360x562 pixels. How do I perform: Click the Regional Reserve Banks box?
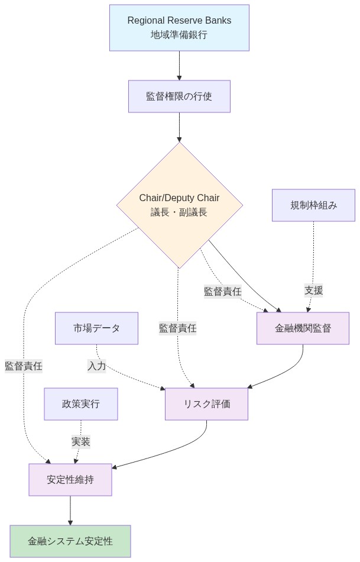point(179,28)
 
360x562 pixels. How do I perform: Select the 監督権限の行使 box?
point(179,96)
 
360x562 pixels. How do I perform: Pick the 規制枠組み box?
point(313,205)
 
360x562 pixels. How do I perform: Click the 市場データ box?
point(96,328)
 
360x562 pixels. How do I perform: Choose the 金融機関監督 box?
point(303,328)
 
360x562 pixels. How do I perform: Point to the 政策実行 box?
point(81,404)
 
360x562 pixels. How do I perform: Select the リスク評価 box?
point(206,404)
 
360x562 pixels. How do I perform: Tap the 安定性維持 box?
point(70,480)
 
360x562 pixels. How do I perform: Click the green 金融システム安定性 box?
point(70,541)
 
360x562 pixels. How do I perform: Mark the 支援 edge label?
point(314,290)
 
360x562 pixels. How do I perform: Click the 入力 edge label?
point(97,366)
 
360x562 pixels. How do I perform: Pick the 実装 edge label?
point(81,442)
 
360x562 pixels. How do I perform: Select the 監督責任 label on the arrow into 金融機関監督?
point(222,291)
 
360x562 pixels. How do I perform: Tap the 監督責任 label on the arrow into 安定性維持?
point(24,366)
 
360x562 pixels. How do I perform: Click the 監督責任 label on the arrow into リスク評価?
point(177,328)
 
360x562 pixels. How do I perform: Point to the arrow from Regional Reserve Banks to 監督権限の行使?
point(179,66)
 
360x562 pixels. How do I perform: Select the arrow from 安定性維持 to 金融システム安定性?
point(70,511)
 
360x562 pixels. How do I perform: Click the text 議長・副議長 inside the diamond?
point(179,212)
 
